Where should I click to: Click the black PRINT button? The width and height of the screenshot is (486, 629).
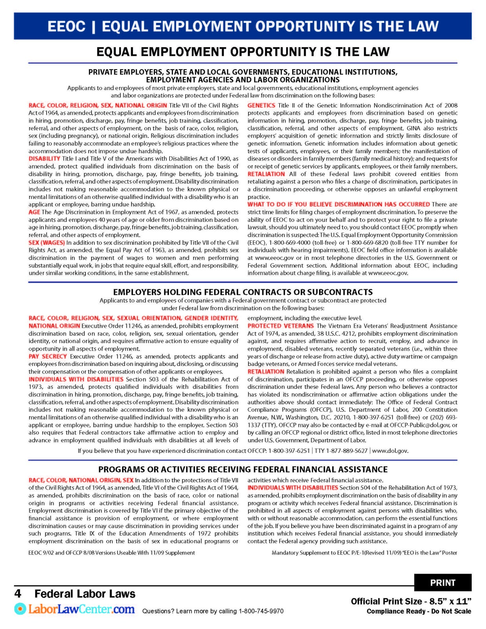tap(442, 583)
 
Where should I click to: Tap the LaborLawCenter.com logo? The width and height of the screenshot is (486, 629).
tap(75, 609)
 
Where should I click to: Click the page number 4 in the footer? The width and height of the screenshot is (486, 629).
tap(18, 593)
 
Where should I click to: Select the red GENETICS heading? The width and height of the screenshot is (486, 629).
tap(261, 105)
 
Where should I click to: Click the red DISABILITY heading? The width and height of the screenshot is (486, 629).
tap(44, 159)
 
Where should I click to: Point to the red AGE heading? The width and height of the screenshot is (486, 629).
tap(34, 212)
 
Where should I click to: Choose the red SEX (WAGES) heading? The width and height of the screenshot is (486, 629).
tap(46, 243)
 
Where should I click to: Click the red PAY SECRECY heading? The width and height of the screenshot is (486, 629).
tap(48, 357)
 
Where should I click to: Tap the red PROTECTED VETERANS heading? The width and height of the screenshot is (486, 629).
tap(280, 326)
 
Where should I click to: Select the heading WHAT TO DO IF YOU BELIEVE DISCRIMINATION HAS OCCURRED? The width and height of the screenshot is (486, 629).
tap(339, 204)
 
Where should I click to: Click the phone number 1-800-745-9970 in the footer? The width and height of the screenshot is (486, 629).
tap(261, 611)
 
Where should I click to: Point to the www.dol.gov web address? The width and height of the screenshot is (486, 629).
tap(390, 451)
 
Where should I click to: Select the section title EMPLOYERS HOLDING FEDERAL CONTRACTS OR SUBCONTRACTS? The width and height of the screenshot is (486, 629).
tap(243, 292)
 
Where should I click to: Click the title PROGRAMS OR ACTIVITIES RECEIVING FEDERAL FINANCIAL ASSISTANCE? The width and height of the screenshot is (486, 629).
tap(243, 469)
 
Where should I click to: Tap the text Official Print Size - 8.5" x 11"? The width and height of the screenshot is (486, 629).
tap(411, 601)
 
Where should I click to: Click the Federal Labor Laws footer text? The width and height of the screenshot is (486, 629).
tap(85, 594)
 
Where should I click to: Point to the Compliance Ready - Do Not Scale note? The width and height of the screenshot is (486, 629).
tap(418, 611)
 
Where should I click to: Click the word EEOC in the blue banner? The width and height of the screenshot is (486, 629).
tap(66, 26)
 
